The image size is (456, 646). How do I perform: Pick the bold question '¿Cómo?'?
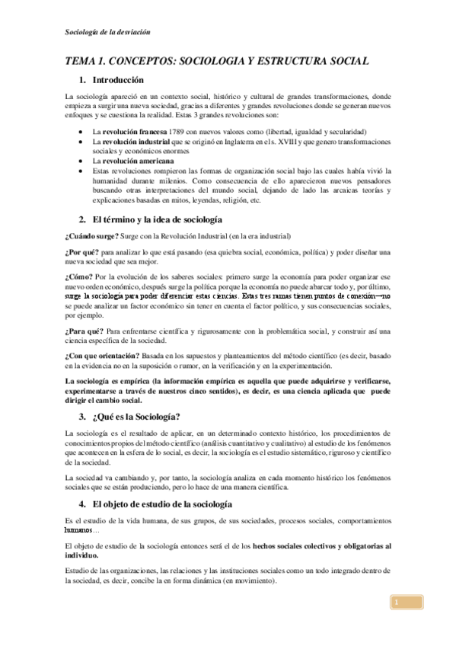click(x=80, y=277)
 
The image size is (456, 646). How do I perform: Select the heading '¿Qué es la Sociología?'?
click(x=136, y=416)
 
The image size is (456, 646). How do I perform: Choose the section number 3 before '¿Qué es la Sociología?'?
click(x=81, y=416)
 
